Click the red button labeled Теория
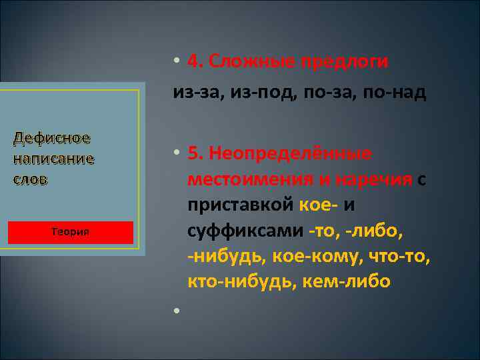tap(71, 232)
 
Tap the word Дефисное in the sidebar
tap(52, 139)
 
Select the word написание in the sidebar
tap(53, 159)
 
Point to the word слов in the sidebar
tap(30, 180)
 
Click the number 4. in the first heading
tap(195, 61)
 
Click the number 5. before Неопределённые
tap(195, 153)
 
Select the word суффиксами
tap(246, 229)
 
